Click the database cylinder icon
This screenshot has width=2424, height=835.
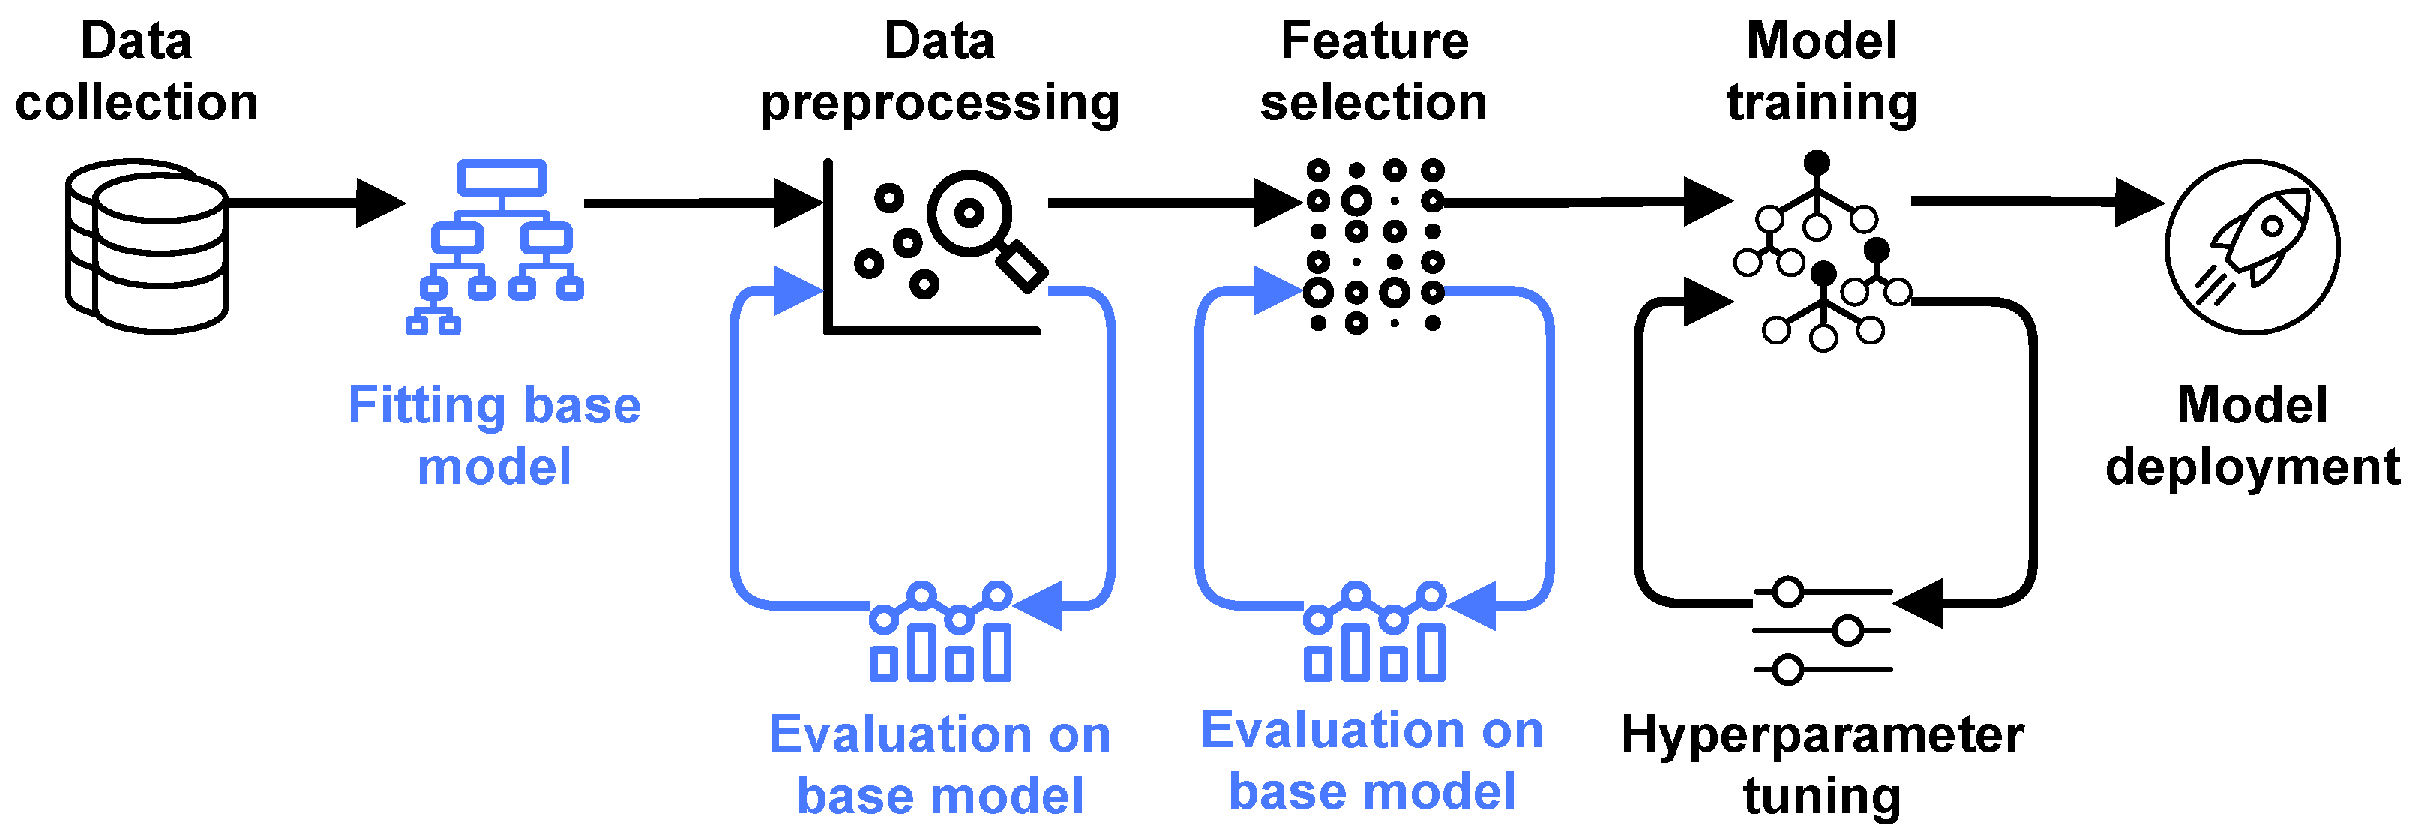[147, 247]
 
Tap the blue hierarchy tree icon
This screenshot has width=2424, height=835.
[496, 247]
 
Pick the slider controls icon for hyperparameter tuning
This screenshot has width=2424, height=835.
[1822, 631]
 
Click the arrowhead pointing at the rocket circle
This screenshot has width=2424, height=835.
[2138, 202]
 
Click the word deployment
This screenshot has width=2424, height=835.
[2253, 467]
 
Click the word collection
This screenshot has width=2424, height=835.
[136, 102]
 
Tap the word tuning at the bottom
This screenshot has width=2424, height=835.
[1822, 797]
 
